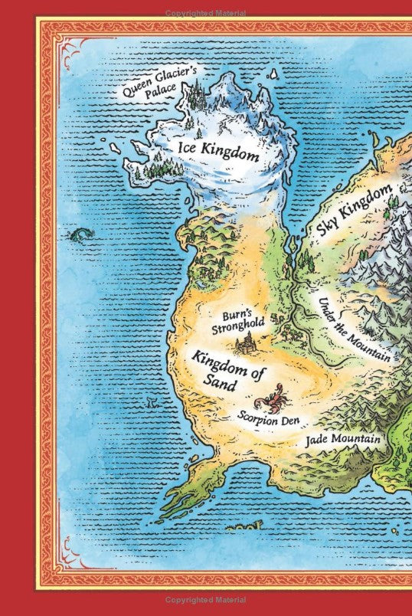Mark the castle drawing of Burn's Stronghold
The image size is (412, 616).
pyautogui.click(x=247, y=344)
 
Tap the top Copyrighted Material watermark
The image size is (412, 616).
pyautogui.click(x=206, y=7)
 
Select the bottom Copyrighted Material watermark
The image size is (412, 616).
pyautogui.click(x=206, y=609)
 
